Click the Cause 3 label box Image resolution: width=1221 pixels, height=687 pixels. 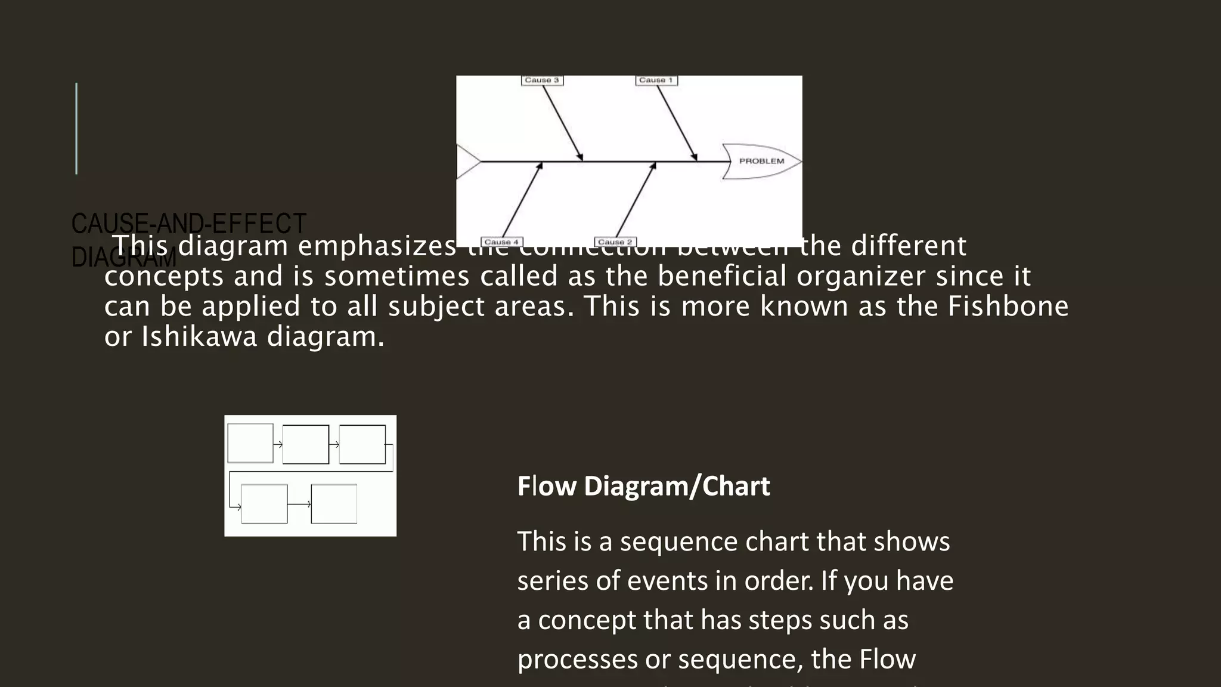click(x=542, y=81)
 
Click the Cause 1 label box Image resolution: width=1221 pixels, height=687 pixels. click(x=656, y=81)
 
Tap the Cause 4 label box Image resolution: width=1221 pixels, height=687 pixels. click(x=501, y=242)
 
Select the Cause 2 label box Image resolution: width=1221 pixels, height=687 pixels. click(x=615, y=242)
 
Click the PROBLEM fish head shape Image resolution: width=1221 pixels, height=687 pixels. click(x=761, y=161)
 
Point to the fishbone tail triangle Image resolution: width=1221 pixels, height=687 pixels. click(x=466, y=161)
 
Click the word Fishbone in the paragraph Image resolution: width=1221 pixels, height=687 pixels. click(x=1008, y=306)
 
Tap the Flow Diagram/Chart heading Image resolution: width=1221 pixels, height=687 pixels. click(x=643, y=486)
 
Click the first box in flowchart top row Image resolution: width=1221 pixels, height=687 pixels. click(x=250, y=443)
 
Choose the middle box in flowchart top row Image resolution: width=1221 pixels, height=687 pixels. click(x=305, y=444)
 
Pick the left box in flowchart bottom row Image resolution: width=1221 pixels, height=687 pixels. click(x=264, y=504)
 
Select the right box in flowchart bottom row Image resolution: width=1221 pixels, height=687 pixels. click(x=334, y=504)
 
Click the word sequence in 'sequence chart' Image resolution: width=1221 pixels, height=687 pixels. click(x=678, y=541)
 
